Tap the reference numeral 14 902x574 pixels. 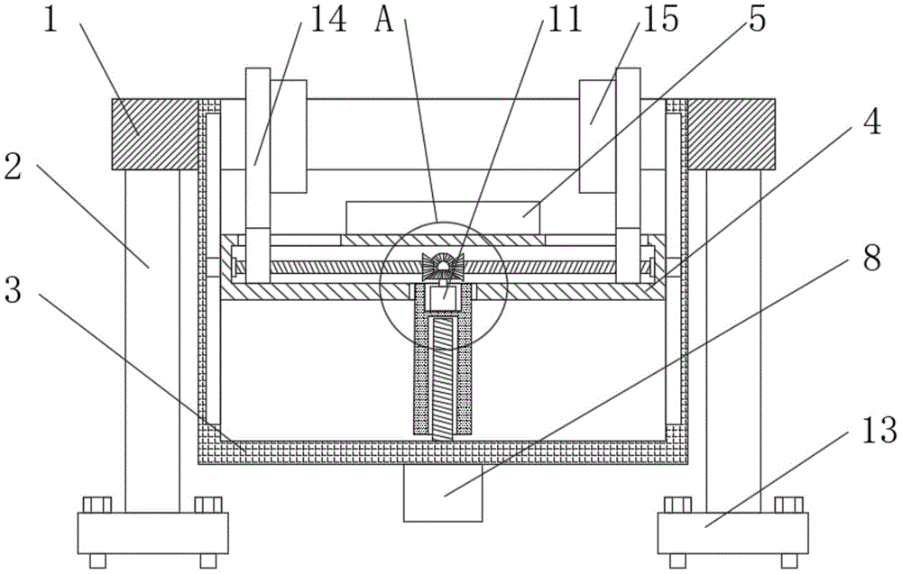tap(326, 21)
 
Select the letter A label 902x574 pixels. tap(385, 20)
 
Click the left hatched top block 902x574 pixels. tap(153, 133)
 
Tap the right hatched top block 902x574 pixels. tap(732, 133)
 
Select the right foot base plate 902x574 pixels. tap(733, 533)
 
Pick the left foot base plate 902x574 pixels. tap(152, 533)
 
